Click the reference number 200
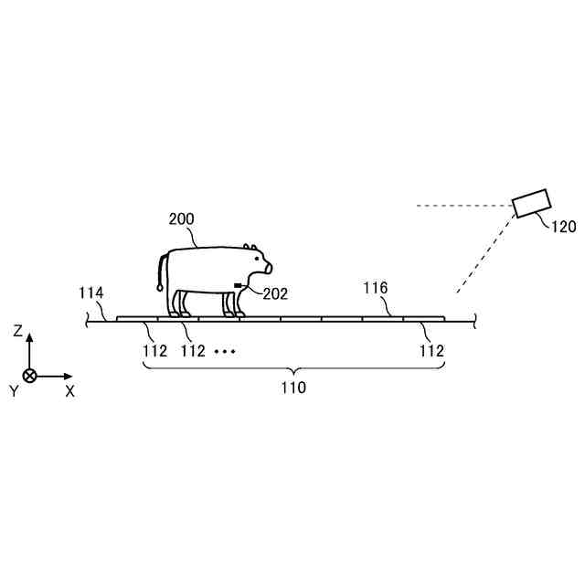point(182,219)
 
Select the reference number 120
point(563,228)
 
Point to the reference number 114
point(91,293)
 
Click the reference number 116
point(376,289)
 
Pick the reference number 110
point(293,388)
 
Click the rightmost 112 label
point(431,350)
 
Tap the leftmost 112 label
point(154,350)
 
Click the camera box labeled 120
point(530,203)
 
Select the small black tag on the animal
point(239,287)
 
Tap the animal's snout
point(267,268)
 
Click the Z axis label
point(18,333)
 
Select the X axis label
point(70,390)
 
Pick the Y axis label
point(15,391)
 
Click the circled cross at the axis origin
point(29,376)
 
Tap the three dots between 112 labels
point(225,351)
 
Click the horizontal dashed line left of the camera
point(462,206)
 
